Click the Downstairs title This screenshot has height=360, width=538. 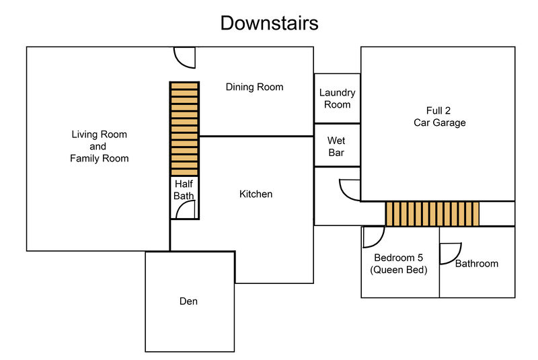pos(270,23)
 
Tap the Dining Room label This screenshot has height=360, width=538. pos(255,87)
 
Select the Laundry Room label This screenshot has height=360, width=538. pos(338,98)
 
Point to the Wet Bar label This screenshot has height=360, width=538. pos(336,147)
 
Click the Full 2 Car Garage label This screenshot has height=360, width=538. pos(440,116)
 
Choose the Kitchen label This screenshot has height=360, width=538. pos(256,194)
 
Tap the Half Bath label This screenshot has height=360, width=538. pos(184,190)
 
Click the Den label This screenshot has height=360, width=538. pos(188,301)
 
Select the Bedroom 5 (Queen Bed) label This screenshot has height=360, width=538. pos(399,264)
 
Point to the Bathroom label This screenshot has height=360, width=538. pos(477,264)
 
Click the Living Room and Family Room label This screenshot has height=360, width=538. pos(99,146)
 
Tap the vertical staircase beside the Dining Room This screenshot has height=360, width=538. pos(184,129)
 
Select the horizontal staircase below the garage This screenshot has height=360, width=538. pos(432,214)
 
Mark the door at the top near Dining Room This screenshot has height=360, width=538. pos(180,62)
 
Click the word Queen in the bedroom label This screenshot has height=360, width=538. pos(391,270)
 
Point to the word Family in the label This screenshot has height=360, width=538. pos(85,159)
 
